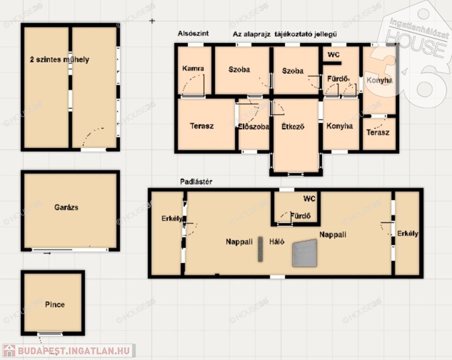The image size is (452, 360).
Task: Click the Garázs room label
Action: pos(66,207)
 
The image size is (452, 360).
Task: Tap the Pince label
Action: pos(55,304)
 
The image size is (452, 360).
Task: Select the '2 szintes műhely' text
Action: pos(59,60)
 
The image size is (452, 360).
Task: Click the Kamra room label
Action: pos(193,68)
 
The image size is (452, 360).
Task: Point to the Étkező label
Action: pos(293,127)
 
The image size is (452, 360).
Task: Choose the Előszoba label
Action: pos(253,127)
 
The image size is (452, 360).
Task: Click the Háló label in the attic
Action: pos(277,241)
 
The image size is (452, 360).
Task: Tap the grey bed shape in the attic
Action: pos(305,253)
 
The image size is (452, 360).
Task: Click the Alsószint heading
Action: pos(193,33)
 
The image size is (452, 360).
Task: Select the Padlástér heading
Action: pos(196,182)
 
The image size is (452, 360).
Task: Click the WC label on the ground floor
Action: pos(333,54)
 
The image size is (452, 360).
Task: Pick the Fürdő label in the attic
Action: pos(300,216)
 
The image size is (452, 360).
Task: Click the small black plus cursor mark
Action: pos(152,21)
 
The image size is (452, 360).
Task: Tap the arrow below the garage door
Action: pos(47,253)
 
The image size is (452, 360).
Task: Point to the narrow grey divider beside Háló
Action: pos(260,249)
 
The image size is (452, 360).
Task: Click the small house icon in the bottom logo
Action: pos(9,351)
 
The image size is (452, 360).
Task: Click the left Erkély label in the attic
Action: pos(172,218)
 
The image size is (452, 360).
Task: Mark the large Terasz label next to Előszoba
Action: pos(202,126)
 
